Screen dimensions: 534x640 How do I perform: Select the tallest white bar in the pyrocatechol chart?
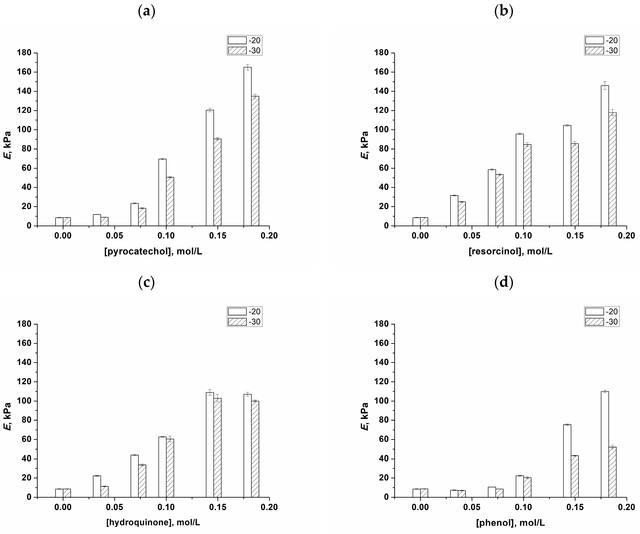(247, 146)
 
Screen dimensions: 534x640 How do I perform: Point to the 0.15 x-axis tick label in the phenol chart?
(575, 507)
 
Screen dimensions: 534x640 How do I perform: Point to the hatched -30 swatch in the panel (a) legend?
(237, 50)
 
